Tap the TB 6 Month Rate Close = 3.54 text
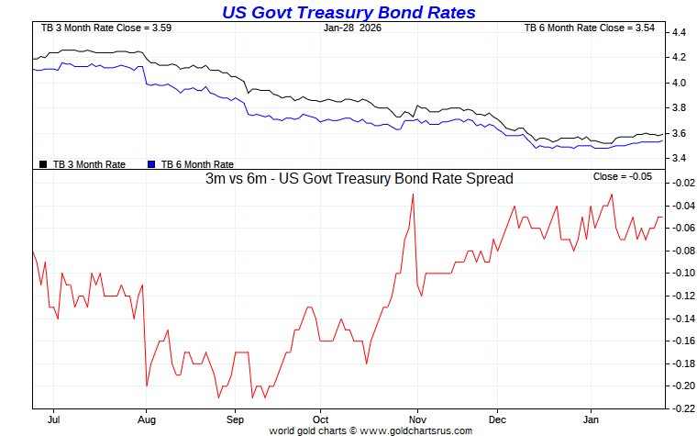click(x=590, y=28)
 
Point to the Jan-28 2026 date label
click(x=353, y=28)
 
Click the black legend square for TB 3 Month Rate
click(x=43, y=164)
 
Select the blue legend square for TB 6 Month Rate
click(x=151, y=164)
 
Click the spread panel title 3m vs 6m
click(x=359, y=179)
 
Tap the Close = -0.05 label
click(x=623, y=176)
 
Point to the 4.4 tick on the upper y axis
click(x=680, y=32)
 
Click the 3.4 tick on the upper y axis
click(x=680, y=159)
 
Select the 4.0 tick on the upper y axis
click(x=680, y=83)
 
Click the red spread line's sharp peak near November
click(x=413, y=195)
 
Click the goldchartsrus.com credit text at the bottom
click(x=371, y=430)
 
